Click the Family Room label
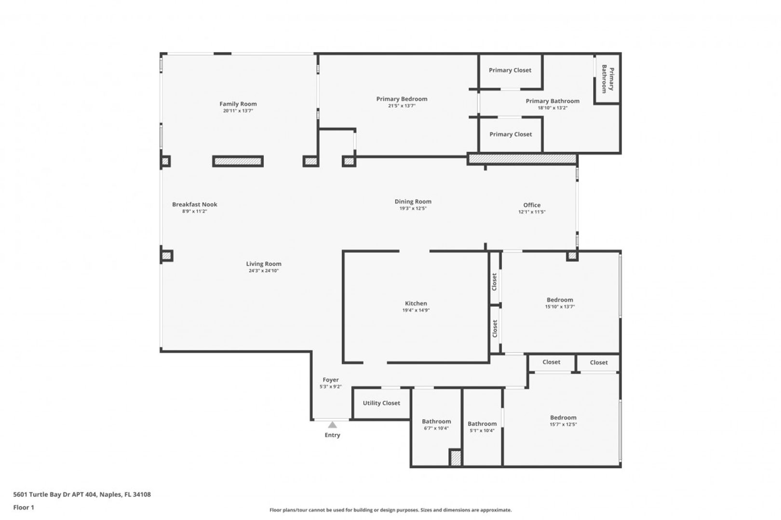coord(238,104)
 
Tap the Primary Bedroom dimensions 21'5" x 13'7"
coord(402,106)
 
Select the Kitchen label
coord(416,303)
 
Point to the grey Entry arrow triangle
coord(332,425)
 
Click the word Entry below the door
coord(332,435)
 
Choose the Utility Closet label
coord(381,403)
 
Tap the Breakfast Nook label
coord(195,205)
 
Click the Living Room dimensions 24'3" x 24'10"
coord(264,271)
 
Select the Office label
coord(532,205)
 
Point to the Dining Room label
coord(413,202)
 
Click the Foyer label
coord(331,380)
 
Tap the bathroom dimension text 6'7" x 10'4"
coord(436,429)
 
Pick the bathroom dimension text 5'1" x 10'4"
coord(482,431)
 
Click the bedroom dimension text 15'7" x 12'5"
coord(563,425)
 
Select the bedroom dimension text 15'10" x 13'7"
coord(560,307)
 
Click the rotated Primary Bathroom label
coord(608,79)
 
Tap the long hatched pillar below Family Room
coord(238,161)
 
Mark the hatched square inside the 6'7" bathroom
coord(456,458)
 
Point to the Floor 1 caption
coord(24,507)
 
